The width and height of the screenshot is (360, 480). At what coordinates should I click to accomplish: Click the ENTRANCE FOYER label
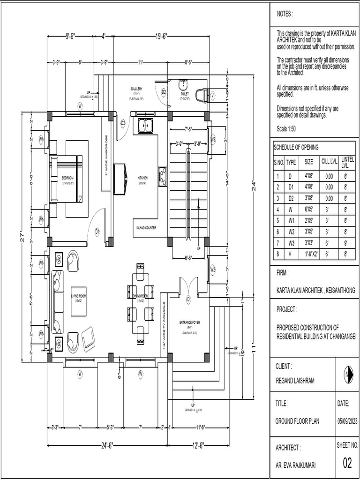[189, 323]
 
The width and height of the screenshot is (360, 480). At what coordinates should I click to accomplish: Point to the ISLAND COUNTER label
[146, 228]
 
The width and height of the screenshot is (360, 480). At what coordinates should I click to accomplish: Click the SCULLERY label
[136, 89]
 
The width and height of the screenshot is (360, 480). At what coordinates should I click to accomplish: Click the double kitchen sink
[144, 126]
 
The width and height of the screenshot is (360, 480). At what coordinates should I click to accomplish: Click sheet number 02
[347, 463]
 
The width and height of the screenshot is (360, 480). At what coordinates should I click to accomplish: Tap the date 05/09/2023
[347, 421]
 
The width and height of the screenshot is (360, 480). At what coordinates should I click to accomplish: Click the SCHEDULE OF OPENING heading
[296, 147]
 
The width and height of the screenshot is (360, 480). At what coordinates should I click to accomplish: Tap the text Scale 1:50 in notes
[286, 129]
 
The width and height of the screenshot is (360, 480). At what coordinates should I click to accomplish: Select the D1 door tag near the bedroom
[97, 231]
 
